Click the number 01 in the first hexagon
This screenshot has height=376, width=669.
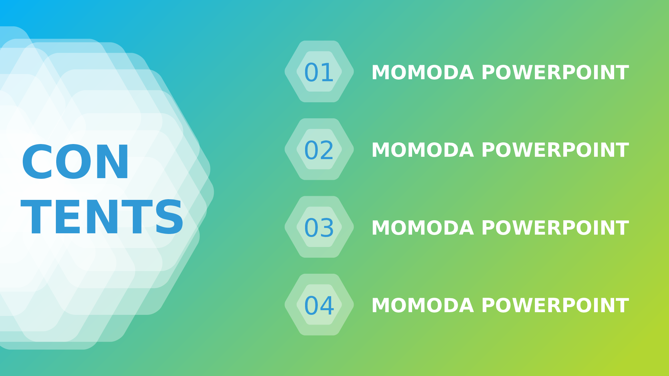click(319, 73)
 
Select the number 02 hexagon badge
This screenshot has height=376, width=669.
click(319, 149)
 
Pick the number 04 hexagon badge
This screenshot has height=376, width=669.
click(319, 304)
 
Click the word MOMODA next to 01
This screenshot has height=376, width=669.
click(423, 73)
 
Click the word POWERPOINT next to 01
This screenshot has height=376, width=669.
click(555, 73)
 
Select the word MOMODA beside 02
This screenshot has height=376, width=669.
click(423, 150)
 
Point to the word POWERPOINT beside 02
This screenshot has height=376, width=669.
click(555, 150)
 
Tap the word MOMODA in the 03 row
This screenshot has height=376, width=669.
click(423, 228)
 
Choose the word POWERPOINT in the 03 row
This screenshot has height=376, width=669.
click(555, 228)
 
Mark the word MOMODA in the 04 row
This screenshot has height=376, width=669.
click(423, 306)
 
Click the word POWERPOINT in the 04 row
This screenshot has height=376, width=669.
click(555, 306)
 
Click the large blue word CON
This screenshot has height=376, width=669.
click(75, 162)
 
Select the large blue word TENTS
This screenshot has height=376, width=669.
click(102, 217)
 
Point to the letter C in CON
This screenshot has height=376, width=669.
click(36, 162)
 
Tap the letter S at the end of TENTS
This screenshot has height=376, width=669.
click(170, 217)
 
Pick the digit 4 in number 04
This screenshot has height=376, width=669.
click(327, 306)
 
